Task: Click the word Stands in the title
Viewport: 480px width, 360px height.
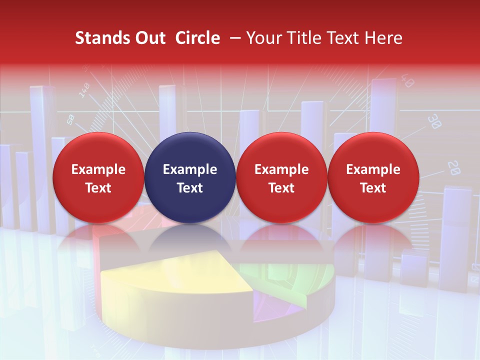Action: tap(95, 38)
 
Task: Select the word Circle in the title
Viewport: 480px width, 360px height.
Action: tap(197, 38)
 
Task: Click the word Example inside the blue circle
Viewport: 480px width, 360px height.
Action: tap(189, 169)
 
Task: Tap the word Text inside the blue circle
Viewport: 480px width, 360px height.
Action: tap(189, 188)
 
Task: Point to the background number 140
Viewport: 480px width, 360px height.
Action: tap(84, 89)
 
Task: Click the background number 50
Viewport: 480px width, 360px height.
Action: tap(70, 119)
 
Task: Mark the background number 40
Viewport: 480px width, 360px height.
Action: tap(407, 81)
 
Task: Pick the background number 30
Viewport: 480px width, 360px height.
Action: tap(434, 121)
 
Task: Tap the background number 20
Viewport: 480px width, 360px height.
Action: tap(454, 167)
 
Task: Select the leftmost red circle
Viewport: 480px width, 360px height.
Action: tap(98, 177)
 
